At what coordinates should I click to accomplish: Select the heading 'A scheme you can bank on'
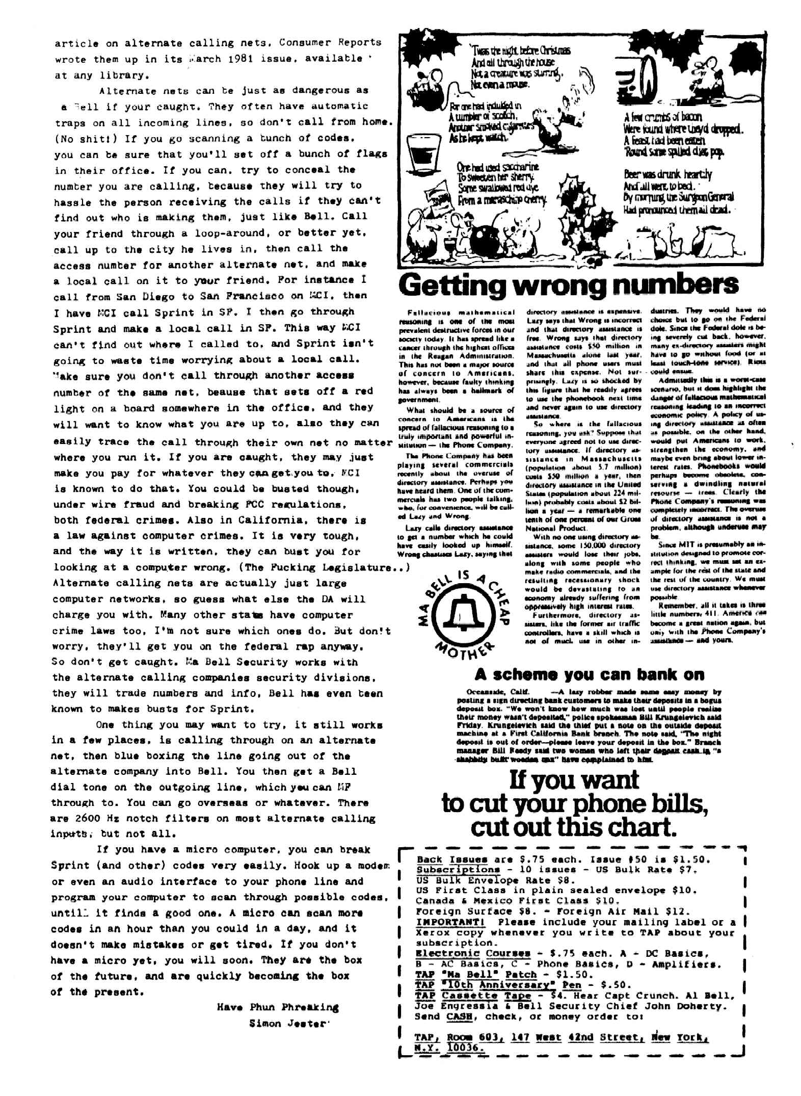[x=589, y=674]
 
